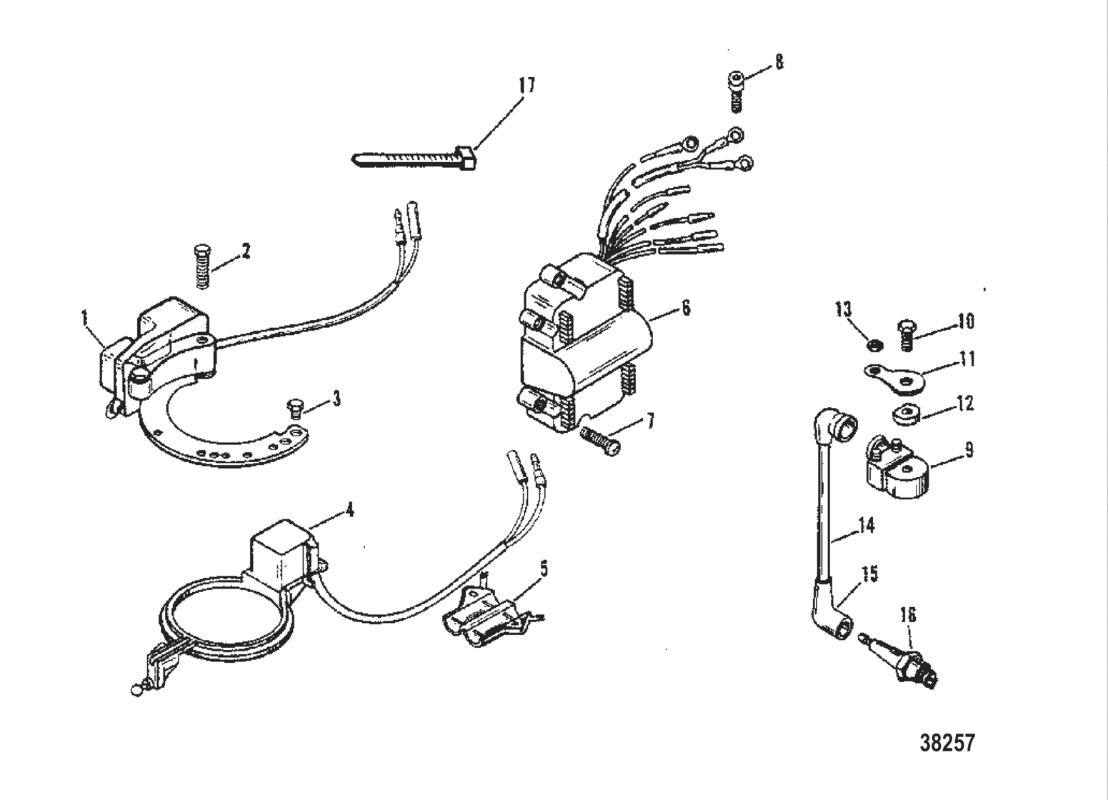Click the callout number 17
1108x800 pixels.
click(x=526, y=86)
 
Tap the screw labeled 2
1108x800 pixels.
click(x=202, y=266)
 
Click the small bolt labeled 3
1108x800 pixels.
click(x=293, y=409)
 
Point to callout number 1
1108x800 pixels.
click(x=85, y=318)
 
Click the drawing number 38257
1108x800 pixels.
click(x=947, y=743)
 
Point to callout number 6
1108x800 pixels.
click(x=686, y=308)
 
